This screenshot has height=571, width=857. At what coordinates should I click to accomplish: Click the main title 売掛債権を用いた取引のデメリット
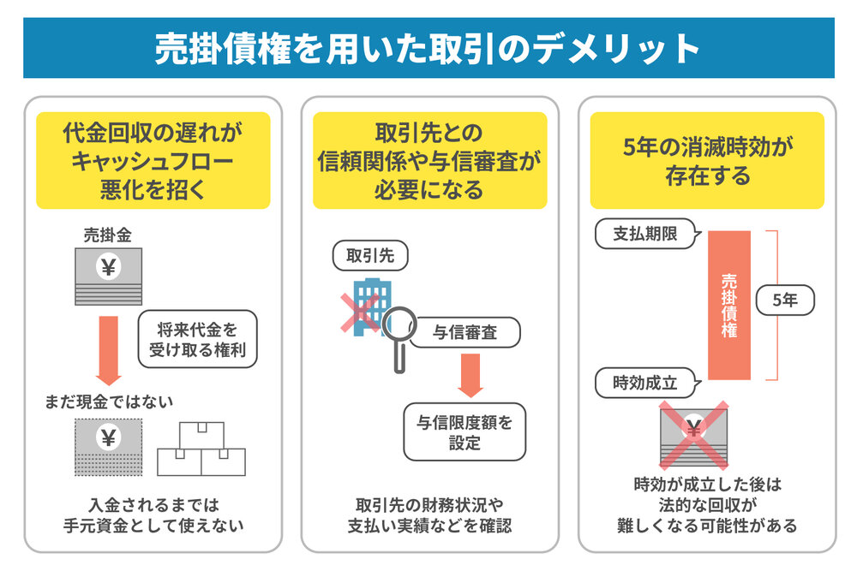tap(427, 49)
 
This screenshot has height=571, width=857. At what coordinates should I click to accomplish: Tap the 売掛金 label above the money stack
tap(108, 235)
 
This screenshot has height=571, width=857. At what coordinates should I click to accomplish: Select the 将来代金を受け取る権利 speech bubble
tap(197, 339)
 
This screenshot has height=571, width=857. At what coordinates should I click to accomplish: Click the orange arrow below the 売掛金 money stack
tap(108, 350)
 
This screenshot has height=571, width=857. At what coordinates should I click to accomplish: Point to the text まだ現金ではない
tap(109, 402)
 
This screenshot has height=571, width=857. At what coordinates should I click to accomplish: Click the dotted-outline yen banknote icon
tap(108, 447)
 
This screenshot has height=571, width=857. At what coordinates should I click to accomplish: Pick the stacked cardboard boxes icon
tap(201, 449)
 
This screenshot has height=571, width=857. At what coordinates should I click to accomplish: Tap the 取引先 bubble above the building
tap(370, 255)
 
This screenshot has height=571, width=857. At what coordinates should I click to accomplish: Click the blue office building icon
tap(372, 306)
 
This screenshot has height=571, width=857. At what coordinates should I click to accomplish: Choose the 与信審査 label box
tap(465, 332)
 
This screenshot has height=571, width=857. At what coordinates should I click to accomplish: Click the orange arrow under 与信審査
tap(470, 376)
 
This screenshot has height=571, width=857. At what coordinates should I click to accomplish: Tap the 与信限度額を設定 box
tap(464, 431)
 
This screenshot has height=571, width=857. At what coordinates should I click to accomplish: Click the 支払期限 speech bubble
tap(646, 234)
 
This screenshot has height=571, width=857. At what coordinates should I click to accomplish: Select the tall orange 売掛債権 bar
tap(729, 305)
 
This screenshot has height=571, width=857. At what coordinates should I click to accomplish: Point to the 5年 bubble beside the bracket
tap(785, 300)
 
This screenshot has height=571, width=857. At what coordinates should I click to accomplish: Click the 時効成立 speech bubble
tap(646, 383)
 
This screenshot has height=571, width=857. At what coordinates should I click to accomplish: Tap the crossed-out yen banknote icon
tap(693, 436)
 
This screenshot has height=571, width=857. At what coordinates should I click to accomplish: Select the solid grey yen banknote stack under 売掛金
tap(108, 277)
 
